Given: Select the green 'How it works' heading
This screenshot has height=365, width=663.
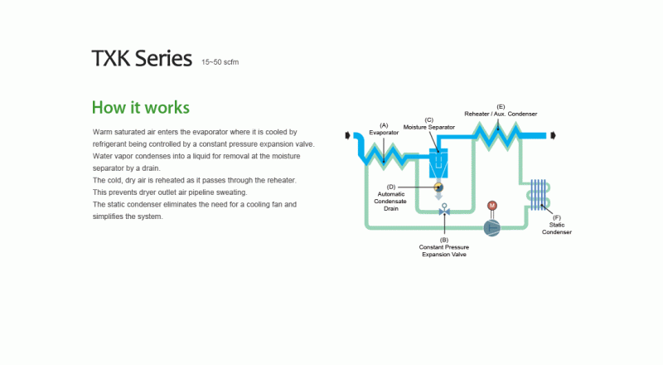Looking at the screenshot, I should pos(140,108).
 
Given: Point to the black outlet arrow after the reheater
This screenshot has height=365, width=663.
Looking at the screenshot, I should pos(555,134).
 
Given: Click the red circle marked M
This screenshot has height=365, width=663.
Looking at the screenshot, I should pos(491,205).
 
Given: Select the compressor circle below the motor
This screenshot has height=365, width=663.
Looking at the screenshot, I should pos(492,226).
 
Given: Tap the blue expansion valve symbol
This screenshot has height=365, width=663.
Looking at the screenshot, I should pos(444,212).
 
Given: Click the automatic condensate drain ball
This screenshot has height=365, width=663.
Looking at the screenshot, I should pos(438,187).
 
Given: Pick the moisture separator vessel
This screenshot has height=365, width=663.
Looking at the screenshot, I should pos(438,163).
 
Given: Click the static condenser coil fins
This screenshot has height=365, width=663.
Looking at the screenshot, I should pos(540,193).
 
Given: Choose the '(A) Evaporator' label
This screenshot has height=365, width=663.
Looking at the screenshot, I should pos(384,129).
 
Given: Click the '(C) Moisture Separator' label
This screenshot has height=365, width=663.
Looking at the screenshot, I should pos(429,124).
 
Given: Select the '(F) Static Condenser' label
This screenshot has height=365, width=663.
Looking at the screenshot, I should pos(557,225).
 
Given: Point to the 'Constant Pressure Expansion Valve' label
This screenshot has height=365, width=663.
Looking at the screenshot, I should pos(444,251).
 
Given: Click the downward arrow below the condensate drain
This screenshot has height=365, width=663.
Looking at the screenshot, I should pos(438,197).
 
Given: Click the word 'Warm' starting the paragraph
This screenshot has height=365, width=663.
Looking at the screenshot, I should pos(102,133).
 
